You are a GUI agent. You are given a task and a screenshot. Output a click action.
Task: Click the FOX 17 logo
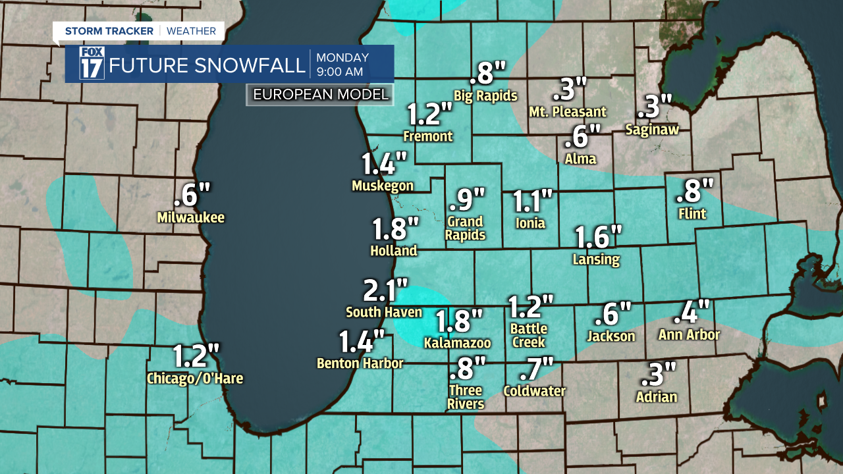(x=92, y=63)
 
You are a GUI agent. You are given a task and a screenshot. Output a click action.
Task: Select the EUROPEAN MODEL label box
(x=321, y=94)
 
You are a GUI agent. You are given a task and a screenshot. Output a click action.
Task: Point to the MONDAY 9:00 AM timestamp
(x=342, y=64)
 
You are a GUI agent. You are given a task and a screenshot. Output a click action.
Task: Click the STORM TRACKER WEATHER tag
(x=140, y=31)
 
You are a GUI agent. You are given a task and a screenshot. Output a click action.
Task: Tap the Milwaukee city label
(x=191, y=217)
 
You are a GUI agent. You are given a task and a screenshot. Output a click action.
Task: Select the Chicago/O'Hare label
(x=195, y=379)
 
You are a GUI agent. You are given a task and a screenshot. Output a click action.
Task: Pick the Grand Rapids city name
(x=466, y=228)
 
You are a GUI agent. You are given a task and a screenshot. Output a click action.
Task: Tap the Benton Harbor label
(x=360, y=363)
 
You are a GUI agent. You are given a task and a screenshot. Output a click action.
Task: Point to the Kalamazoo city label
(x=458, y=342)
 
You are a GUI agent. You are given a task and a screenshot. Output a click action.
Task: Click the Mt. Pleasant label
(x=568, y=112)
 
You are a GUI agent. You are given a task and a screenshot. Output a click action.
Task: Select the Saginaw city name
(x=652, y=130)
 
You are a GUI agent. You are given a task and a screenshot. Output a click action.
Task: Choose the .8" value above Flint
(x=695, y=191)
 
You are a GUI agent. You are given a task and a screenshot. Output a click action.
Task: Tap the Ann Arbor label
(x=689, y=334)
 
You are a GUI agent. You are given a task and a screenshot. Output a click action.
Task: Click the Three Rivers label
(x=466, y=397)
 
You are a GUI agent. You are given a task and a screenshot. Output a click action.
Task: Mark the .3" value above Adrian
(x=659, y=375)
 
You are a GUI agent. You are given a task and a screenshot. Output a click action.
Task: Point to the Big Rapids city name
(x=486, y=95)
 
